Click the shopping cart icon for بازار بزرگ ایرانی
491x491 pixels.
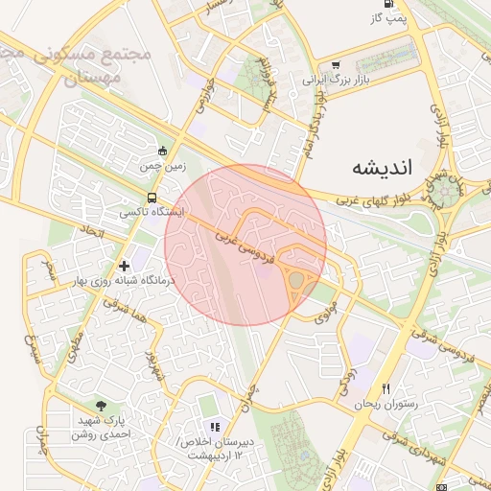pyautogui.click(x=335, y=66)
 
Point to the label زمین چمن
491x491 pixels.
pyautogui.click(x=161, y=166)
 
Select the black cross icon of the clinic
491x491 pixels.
pyautogui.click(x=123, y=266)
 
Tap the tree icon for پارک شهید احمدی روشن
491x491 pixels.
pyautogui.click(x=102, y=407)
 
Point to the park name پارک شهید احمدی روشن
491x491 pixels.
pyautogui.click(x=102, y=427)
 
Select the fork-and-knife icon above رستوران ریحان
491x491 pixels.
pyautogui.click(x=386, y=389)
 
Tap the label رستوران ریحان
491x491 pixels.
pyautogui.click(x=386, y=405)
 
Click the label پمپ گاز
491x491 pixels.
pyautogui.click(x=390, y=17)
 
